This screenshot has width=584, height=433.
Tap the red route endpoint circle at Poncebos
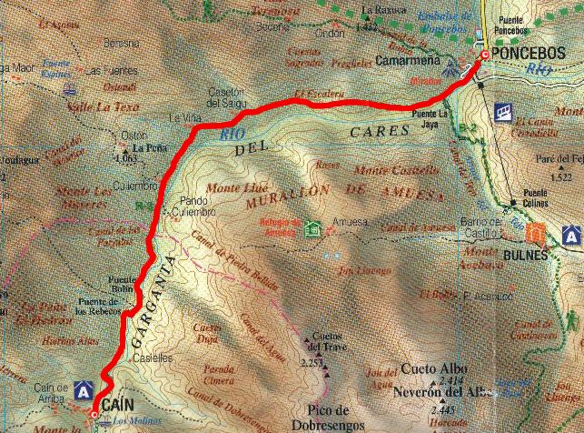pos(483,57)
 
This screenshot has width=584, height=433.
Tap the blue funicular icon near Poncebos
pos(502,111)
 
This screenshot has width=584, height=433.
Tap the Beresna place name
pos(121,43)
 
